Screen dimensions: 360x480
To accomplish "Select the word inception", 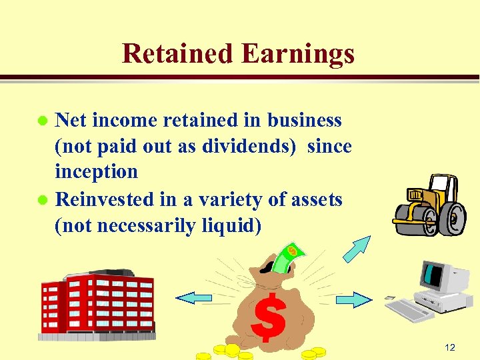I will [96, 171].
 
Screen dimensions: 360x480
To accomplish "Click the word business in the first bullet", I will [305, 120].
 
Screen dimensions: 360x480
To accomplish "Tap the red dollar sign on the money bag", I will [269, 317].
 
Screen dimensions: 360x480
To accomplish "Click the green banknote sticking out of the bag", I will [287, 257].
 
